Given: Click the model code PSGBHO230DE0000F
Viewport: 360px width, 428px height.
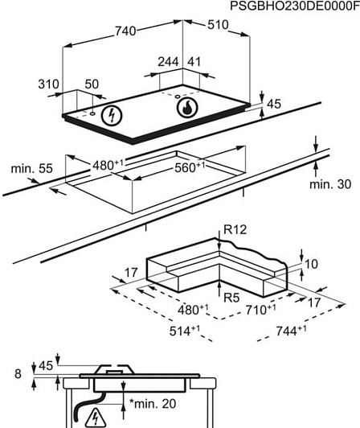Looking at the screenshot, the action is click(295, 6).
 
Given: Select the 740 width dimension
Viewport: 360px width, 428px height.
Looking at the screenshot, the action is click(125, 31).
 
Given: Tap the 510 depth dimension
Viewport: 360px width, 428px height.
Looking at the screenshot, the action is click(218, 25).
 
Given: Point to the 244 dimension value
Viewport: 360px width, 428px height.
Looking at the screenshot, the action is click(168, 62).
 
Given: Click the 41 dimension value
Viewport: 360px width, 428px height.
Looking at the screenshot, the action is click(194, 62).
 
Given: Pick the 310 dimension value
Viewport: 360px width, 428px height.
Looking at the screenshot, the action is click(48, 84).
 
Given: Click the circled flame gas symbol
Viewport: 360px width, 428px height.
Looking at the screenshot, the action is click(187, 107).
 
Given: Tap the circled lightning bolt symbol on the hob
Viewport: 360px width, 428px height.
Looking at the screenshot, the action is click(112, 116).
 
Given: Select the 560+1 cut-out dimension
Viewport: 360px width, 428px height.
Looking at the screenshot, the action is click(190, 167).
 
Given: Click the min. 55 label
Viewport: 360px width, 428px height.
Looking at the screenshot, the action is click(31, 168).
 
